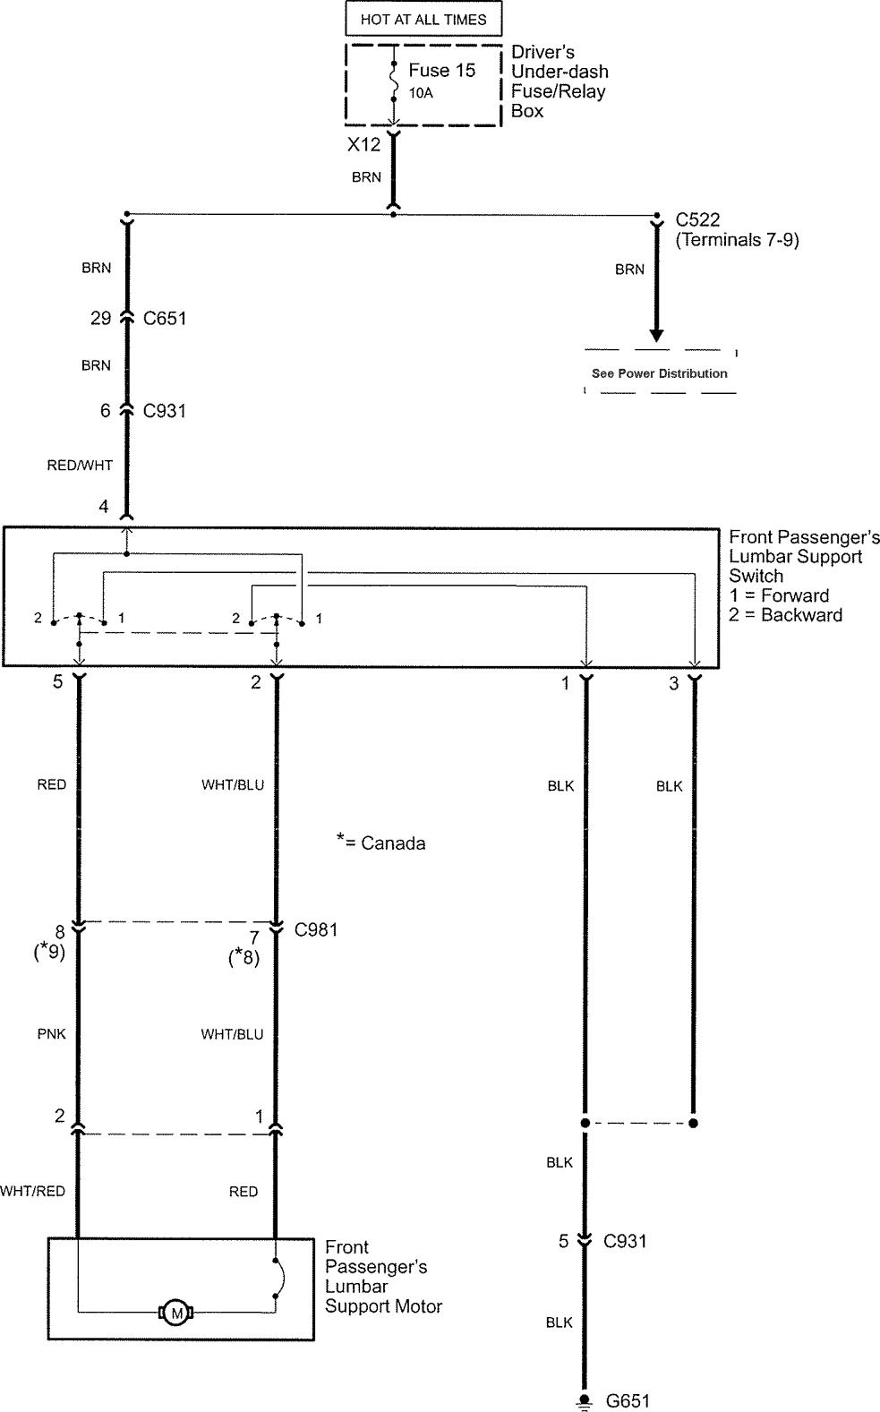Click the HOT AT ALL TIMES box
click(x=423, y=19)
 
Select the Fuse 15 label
click(x=441, y=71)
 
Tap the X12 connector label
click(x=364, y=144)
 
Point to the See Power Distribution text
click(x=659, y=373)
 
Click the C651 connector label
click(x=165, y=318)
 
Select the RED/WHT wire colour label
click(x=80, y=465)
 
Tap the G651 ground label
click(x=628, y=1400)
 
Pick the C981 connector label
click(x=316, y=929)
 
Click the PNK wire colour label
click(x=52, y=1034)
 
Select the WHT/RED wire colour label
click(x=33, y=1191)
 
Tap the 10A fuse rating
click(x=421, y=92)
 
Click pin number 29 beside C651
click(x=100, y=318)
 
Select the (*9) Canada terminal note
click(x=48, y=951)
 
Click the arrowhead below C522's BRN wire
click(x=657, y=335)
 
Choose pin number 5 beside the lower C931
click(x=564, y=1242)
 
